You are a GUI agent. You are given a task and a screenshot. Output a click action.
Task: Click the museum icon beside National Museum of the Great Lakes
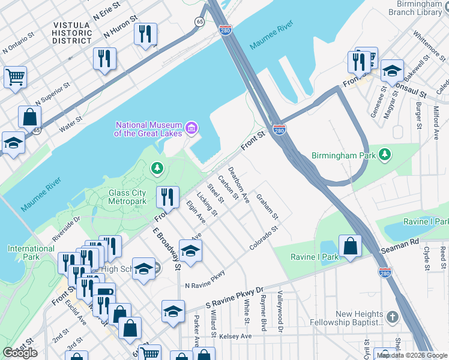coord(191,127)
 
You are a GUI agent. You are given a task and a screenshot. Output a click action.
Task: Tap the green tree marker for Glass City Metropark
coord(157,169)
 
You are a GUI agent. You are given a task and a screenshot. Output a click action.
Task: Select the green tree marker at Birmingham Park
coord(385,155)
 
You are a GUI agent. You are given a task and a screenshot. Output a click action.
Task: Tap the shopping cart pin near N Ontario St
coord(15,76)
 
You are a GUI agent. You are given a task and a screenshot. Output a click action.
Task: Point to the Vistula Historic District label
coord(71,33)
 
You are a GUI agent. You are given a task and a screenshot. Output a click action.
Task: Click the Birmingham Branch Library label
coord(414,8)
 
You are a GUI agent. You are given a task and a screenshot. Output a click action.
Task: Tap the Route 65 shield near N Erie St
coord(199,21)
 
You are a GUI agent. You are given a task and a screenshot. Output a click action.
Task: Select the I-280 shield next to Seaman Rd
coord(385,272)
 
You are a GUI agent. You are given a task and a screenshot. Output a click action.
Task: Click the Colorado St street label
coord(265,238)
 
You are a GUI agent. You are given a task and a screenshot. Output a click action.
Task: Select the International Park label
coord(31,253)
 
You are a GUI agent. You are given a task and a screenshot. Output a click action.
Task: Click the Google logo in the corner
coord(20,353)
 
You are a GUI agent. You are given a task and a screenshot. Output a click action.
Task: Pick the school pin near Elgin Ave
coord(190,251)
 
